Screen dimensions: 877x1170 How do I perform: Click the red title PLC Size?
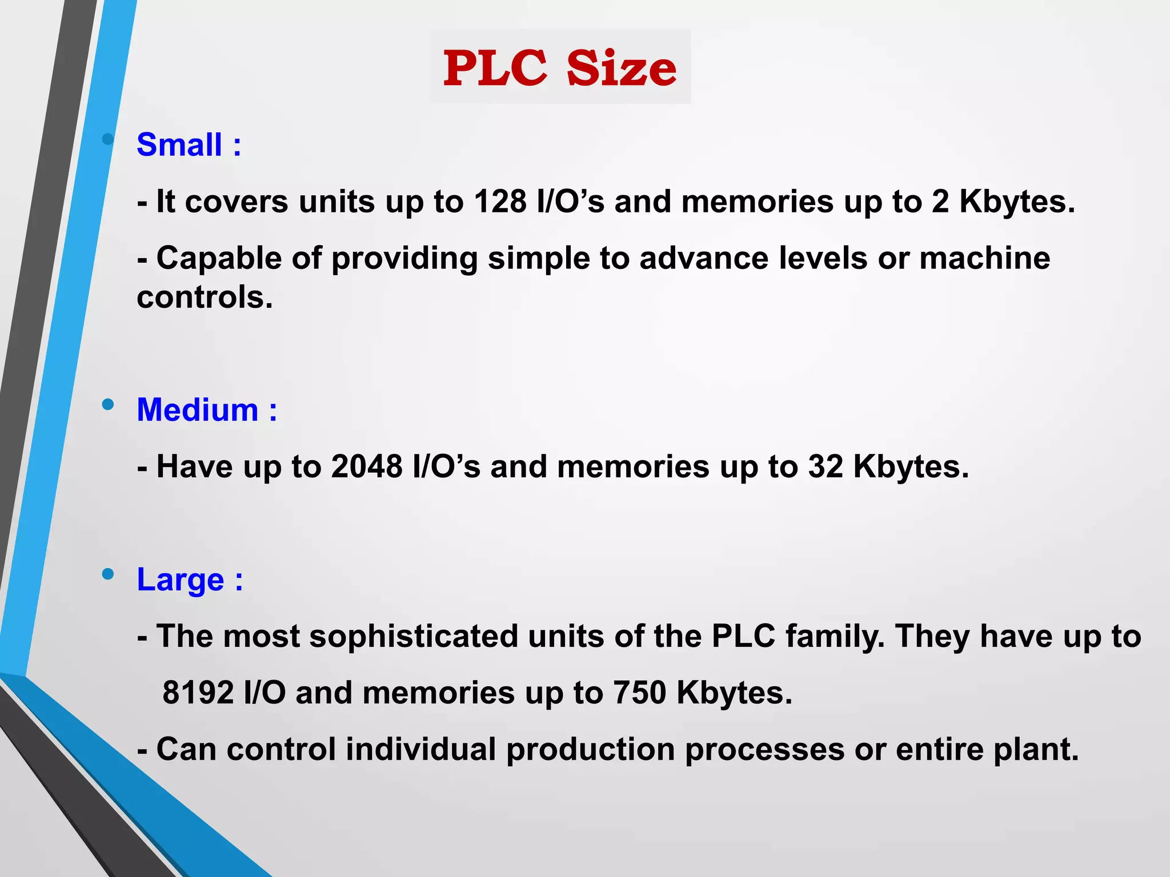[x=560, y=68]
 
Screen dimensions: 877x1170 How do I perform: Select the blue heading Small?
[x=179, y=144]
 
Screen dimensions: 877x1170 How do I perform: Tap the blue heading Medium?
[x=198, y=410]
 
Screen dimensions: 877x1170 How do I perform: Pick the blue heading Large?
[x=181, y=580]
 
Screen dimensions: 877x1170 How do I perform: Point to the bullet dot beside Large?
[x=107, y=574]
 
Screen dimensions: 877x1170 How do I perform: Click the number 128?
[x=500, y=202]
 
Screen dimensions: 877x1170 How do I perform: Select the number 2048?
[x=367, y=466]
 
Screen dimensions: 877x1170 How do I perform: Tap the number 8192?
[x=198, y=693]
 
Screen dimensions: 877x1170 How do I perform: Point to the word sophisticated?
[x=414, y=636]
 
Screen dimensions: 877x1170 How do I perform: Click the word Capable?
[x=219, y=258]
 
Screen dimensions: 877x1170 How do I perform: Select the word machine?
[x=984, y=258]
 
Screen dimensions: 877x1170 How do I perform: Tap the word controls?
[x=205, y=297]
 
